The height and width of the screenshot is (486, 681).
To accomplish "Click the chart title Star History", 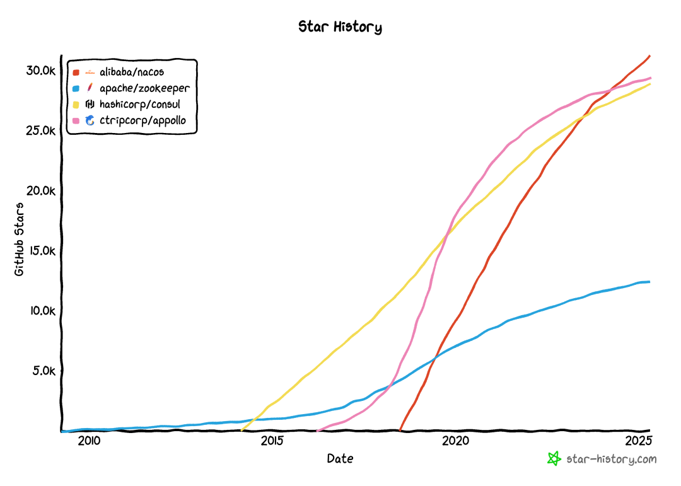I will (340, 27).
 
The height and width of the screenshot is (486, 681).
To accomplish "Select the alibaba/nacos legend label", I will (132, 72).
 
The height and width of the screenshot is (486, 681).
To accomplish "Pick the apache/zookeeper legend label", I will (144, 88).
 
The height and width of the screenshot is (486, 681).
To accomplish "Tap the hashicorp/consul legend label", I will (140, 104).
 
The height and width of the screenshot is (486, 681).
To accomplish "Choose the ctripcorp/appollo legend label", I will (143, 120).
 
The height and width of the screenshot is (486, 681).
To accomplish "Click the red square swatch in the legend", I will (76, 72).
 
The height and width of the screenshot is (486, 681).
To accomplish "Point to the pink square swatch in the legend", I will (76, 120).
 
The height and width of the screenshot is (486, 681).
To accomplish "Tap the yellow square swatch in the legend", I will (76, 105).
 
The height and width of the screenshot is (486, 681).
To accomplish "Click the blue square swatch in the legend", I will (76, 89).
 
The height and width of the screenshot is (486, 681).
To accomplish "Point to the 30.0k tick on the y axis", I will (41, 71).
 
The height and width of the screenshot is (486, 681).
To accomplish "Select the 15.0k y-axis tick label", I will (41, 251).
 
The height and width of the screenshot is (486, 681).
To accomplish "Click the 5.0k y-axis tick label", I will (44, 371).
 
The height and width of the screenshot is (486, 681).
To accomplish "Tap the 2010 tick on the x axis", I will (89, 440).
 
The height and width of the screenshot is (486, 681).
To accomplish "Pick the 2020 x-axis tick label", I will (456, 440).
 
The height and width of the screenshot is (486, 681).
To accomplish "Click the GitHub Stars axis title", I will (20, 239).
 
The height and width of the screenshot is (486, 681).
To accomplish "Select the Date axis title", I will (340, 459).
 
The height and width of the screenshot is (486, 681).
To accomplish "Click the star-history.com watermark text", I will (612, 460).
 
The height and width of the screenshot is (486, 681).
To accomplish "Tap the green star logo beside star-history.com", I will (554, 459).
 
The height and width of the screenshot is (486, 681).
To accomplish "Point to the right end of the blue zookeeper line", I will (649, 282).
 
